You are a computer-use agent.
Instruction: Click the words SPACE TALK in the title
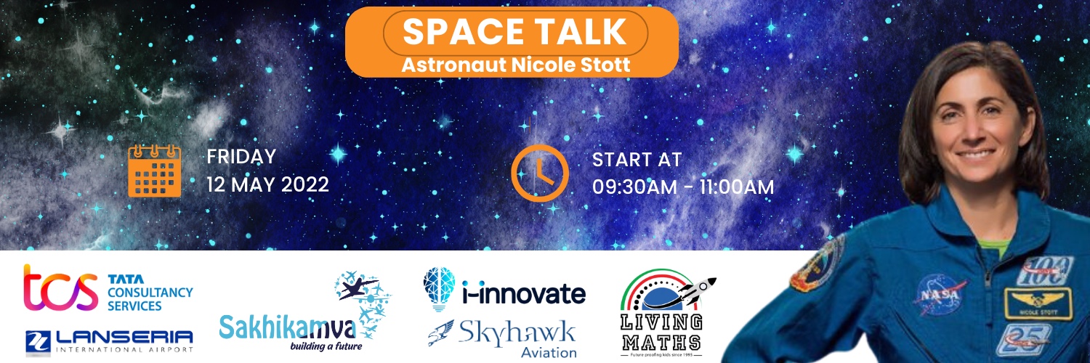point(514,33)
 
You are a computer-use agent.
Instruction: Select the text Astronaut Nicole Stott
point(515,65)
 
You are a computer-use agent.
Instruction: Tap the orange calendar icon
point(154,171)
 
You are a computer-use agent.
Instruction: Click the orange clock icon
point(539,173)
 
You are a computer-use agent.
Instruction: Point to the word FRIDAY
point(241,156)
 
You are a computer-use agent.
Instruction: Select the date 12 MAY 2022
point(267,184)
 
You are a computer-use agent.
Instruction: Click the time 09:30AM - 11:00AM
point(682,187)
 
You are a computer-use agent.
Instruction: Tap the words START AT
point(637,160)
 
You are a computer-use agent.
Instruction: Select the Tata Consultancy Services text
point(150,293)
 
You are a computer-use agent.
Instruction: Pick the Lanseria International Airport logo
point(109,340)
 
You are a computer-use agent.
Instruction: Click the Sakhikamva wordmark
point(288,329)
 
